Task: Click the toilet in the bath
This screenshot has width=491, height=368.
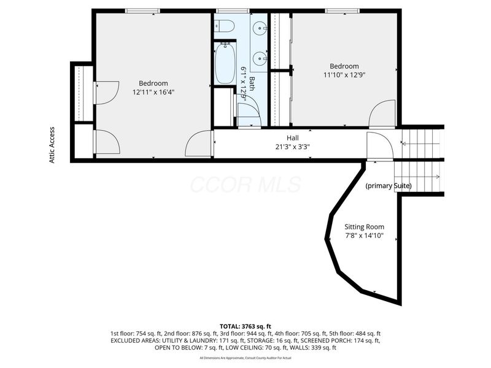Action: [224, 26]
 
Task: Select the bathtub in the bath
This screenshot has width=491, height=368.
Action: [225, 63]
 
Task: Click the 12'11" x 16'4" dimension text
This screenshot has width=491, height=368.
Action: [153, 93]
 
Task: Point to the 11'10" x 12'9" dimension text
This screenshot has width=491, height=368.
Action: [344, 75]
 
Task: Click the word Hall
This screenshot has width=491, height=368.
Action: [293, 138]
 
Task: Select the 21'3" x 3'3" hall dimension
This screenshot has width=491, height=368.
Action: [293, 147]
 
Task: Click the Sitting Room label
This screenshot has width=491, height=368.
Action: [364, 226]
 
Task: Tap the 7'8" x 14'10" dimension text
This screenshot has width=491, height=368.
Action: [364, 236]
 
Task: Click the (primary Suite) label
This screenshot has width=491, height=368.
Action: [389, 186]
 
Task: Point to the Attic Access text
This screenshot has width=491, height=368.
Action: [53, 145]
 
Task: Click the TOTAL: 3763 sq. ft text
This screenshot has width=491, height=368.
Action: [245, 326]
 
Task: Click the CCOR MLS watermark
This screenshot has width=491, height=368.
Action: [245, 184]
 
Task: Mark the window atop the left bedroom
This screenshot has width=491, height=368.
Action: [142, 11]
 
